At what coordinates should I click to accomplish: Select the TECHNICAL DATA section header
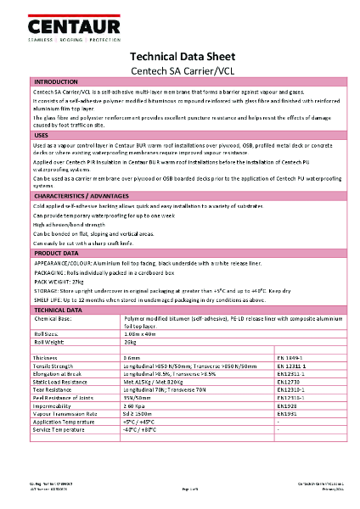61,310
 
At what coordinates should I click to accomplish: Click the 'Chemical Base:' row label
56,319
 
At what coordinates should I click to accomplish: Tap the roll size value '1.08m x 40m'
141,336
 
